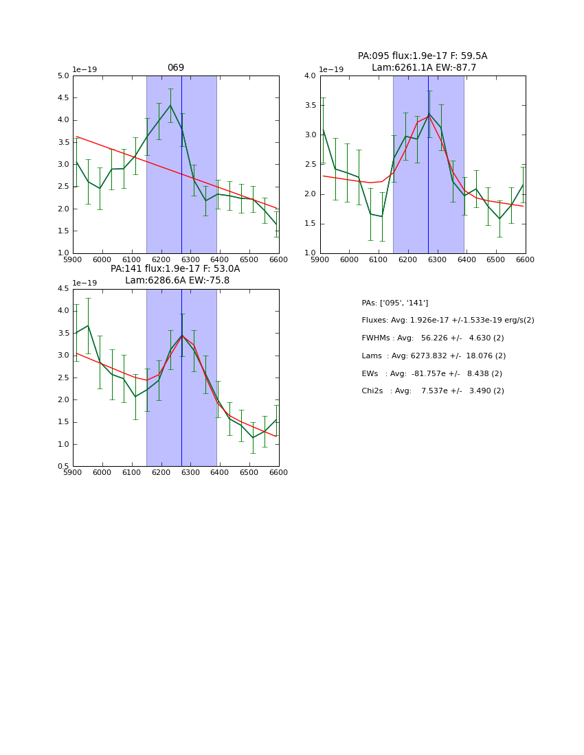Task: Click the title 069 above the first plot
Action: [176, 68]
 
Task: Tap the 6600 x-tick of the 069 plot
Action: [278, 259]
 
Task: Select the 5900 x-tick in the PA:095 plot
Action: [320, 259]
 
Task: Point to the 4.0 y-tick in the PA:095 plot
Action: [311, 76]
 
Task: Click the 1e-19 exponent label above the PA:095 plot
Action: [332, 69]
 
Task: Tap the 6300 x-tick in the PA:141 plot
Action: [190, 472]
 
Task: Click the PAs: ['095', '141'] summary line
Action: [395, 303]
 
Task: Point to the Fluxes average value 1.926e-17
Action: [431, 321]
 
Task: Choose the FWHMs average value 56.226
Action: [435, 338]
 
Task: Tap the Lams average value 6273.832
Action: [434, 356]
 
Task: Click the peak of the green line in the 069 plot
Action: [170, 105]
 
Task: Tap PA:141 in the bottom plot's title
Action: [126, 269]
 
